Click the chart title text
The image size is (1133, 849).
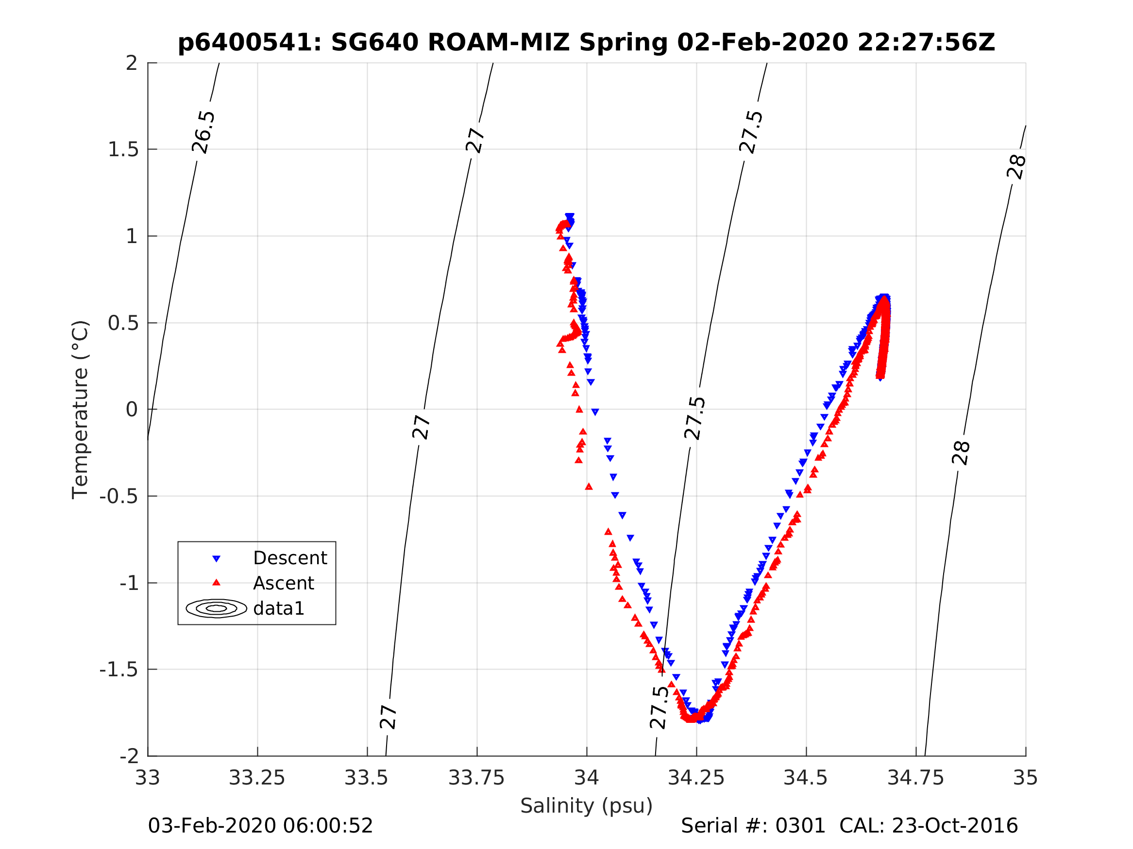pos(586,43)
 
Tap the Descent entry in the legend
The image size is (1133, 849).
pos(289,558)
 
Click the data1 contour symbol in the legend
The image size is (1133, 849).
pos(216,608)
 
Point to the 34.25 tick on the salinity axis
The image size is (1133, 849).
pos(696,778)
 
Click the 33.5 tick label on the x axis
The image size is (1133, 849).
pos(367,778)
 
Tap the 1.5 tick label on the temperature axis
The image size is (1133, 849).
pos(123,149)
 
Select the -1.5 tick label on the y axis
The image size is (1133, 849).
pos(119,669)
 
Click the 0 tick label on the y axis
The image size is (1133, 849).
pos(132,409)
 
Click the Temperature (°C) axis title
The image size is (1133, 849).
pos(81,409)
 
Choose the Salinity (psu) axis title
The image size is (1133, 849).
pos(586,805)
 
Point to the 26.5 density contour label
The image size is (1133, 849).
pos(203,132)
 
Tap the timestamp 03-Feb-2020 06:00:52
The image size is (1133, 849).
pos(260,825)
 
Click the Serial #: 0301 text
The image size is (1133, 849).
pos(752,825)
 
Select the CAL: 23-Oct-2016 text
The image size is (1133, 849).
pos(928,825)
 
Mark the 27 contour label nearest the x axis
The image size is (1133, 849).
pos(388,717)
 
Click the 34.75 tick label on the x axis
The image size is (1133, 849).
pos(915,778)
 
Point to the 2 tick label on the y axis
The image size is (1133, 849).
pos(132,63)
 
